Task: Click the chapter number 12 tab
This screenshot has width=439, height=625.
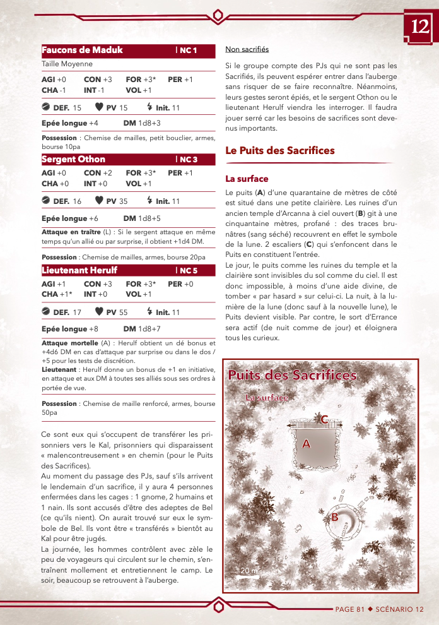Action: [420, 26]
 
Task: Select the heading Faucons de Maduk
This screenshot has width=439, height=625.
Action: [82, 50]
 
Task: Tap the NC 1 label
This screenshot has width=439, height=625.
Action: [187, 51]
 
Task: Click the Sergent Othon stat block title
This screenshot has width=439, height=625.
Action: [73, 159]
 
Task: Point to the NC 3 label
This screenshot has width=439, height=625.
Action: [187, 160]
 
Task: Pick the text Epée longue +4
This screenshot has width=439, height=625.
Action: [69, 124]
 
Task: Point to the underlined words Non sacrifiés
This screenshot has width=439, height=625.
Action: [247, 49]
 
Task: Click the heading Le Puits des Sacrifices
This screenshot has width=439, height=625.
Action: [279, 150]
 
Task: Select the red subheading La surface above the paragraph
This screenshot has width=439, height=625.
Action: [247, 179]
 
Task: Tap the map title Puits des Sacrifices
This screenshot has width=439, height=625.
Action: [292, 376]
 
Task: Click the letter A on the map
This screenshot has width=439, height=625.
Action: [307, 444]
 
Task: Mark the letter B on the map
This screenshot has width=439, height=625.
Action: [335, 517]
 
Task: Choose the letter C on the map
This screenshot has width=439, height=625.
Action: [324, 419]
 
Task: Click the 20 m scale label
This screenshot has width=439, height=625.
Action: [249, 571]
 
